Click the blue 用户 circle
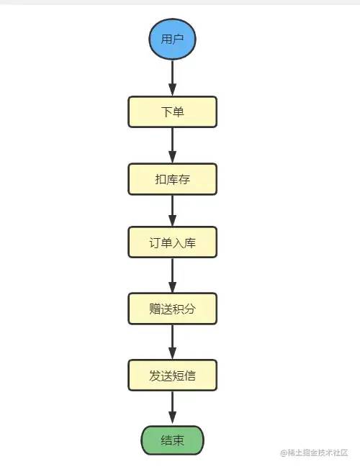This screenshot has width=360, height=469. [x=172, y=38]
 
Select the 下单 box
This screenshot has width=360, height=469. [x=172, y=112]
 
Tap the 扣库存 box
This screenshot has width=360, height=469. [x=172, y=178]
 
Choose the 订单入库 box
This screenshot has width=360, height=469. [x=172, y=243]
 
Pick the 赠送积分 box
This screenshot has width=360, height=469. [x=172, y=309]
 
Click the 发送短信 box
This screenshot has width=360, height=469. [x=172, y=375]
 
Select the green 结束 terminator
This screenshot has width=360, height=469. [x=172, y=440]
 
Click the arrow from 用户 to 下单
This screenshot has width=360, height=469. [x=173, y=78]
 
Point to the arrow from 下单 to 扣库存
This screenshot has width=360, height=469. [x=173, y=145]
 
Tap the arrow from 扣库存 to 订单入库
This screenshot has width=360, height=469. [x=173, y=211]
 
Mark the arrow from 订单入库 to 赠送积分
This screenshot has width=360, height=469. [x=173, y=276]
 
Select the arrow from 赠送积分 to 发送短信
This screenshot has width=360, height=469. [x=173, y=342]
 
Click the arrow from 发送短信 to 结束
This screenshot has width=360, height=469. [x=173, y=408]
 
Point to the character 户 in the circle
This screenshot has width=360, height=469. [x=178, y=38]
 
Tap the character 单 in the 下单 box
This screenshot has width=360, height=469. [x=178, y=112]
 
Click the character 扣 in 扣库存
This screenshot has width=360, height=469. [x=161, y=178]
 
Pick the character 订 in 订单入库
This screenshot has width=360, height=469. [x=155, y=243]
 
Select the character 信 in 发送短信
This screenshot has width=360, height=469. [x=189, y=375]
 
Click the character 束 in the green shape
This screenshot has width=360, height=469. [x=178, y=440]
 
